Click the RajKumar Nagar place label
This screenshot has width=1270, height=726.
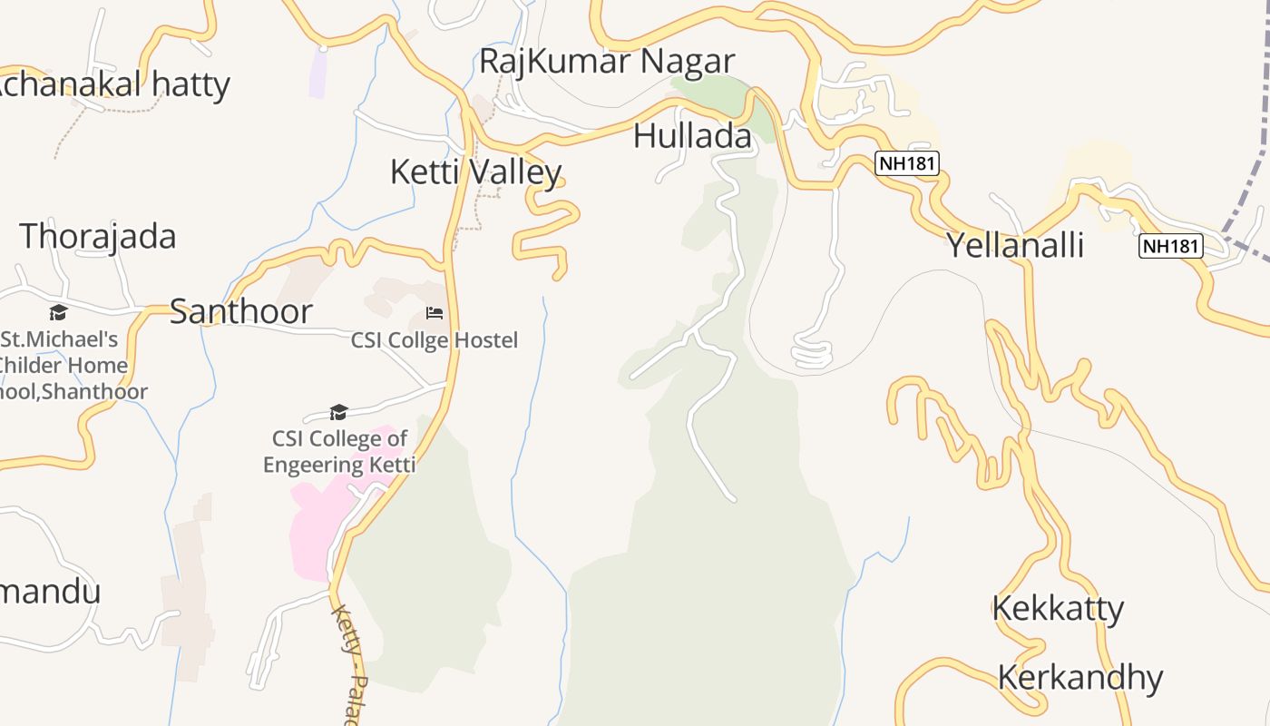click(606, 62)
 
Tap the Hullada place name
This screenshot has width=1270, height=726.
click(692, 136)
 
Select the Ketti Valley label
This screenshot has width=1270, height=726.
click(475, 172)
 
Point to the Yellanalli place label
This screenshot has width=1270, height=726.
click(1015, 245)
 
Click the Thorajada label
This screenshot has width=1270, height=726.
click(98, 236)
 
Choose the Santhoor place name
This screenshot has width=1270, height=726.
click(241, 311)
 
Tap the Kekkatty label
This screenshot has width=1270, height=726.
click(1058, 608)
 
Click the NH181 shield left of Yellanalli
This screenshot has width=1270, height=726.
click(906, 163)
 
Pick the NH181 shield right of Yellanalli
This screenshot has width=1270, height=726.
click(1170, 246)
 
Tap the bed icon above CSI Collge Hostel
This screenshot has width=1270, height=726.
click(435, 314)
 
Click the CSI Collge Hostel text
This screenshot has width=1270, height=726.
click(435, 340)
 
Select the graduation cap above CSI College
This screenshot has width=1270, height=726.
click(339, 413)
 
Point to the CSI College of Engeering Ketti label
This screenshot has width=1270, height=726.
click(339, 452)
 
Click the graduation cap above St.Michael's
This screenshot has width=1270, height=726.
click(59, 313)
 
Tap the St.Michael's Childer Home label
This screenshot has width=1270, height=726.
click(63, 365)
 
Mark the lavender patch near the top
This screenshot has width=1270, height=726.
click(317, 73)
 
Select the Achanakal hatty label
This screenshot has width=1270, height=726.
click(113, 84)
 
